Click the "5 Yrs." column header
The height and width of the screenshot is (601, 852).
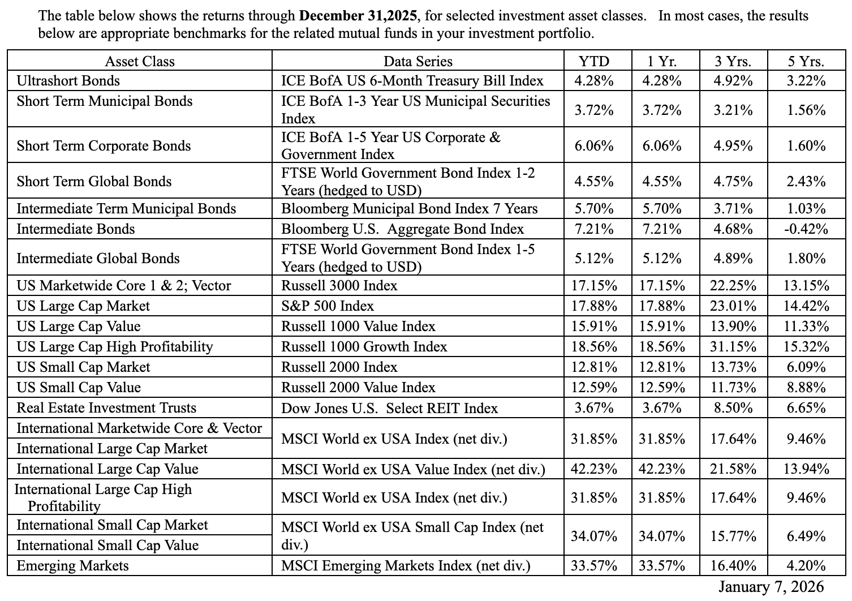(x=806, y=61)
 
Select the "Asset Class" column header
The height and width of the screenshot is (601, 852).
(x=140, y=61)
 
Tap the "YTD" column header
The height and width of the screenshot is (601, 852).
(x=593, y=61)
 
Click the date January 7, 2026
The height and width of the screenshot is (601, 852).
(x=771, y=587)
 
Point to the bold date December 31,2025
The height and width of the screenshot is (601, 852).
(x=360, y=15)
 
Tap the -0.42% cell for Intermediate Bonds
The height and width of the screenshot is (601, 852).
(x=806, y=229)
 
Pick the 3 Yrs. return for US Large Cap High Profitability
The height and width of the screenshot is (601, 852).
(x=733, y=347)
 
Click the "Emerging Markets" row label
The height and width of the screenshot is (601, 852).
(x=72, y=566)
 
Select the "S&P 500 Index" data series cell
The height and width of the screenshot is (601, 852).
(x=328, y=306)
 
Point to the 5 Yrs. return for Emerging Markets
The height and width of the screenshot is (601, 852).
(x=806, y=566)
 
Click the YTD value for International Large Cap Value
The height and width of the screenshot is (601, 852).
(x=593, y=469)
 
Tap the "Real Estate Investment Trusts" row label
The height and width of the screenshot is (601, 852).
(x=106, y=408)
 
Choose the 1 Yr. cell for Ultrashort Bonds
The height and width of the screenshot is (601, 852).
(x=662, y=81)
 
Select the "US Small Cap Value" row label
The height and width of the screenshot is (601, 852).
(x=79, y=388)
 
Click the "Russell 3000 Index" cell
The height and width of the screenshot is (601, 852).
(x=339, y=286)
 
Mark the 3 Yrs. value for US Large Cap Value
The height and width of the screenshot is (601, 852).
(x=733, y=327)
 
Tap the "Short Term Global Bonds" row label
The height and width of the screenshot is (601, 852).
(x=94, y=182)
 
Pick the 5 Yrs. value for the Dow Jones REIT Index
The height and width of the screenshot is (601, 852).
(x=806, y=408)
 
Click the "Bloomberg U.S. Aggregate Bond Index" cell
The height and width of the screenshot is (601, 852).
(x=403, y=229)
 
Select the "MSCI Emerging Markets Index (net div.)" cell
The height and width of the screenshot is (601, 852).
(x=406, y=566)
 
